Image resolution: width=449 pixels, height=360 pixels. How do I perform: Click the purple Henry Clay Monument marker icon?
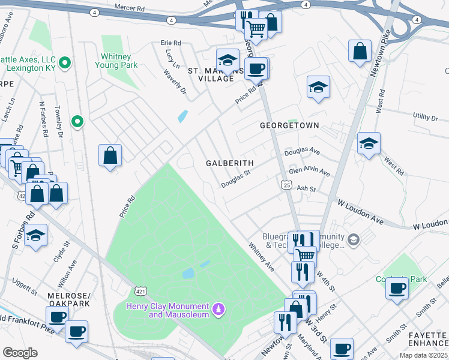[220, 309]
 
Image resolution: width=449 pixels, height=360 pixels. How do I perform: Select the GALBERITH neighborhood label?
[230, 163]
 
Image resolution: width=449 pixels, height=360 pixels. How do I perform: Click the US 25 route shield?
[288, 187]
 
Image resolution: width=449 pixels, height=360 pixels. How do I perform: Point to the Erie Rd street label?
[170, 43]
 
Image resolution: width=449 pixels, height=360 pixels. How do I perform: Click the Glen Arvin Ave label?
[309, 172]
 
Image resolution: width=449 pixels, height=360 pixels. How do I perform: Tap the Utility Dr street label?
[426, 116]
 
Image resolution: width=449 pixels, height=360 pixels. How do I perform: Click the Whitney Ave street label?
[261, 256]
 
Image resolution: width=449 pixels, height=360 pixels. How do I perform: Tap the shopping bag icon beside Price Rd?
[110, 156]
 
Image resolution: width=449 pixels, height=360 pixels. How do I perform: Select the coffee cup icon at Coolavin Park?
[396, 288]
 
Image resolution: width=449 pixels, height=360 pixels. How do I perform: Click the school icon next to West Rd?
[369, 144]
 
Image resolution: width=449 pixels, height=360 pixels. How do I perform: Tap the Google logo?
[20, 353]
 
